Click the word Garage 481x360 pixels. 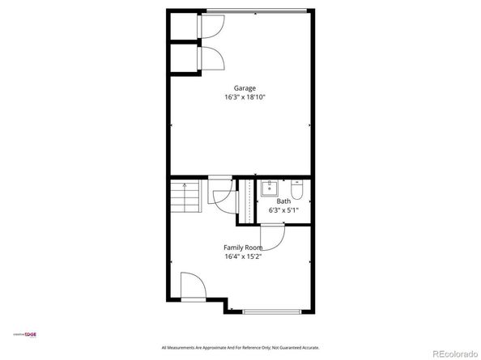coord(245,88)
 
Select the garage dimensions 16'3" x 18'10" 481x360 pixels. coord(245,97)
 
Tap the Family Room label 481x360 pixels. coord(243,248)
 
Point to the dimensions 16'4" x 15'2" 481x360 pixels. coord(243,256)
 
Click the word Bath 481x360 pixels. coord(283,201)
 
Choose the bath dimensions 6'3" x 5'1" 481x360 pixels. coord(283,210)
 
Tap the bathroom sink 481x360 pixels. coord(270,192)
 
